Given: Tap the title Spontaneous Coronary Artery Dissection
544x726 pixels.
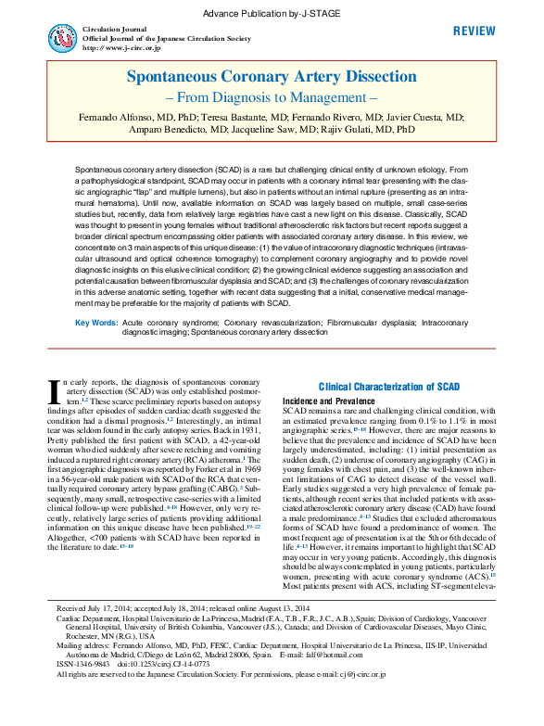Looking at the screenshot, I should (x=272, y=79).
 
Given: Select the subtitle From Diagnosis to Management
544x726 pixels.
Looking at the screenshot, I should (x=272, y=97).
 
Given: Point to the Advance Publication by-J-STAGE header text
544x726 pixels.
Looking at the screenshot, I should (x=272, y=10).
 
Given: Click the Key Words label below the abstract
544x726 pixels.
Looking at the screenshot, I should (x=96, y=322).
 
